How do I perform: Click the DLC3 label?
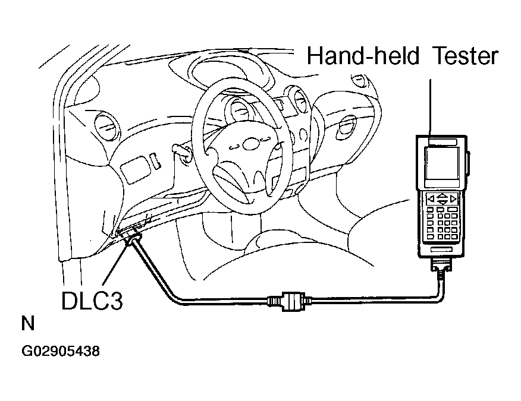(92, 301)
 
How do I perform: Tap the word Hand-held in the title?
(363, 55)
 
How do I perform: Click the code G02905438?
(61, 351)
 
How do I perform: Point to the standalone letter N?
(28, 323)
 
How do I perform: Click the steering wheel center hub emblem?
(249, 144)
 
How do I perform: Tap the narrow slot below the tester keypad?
(441, 250)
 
